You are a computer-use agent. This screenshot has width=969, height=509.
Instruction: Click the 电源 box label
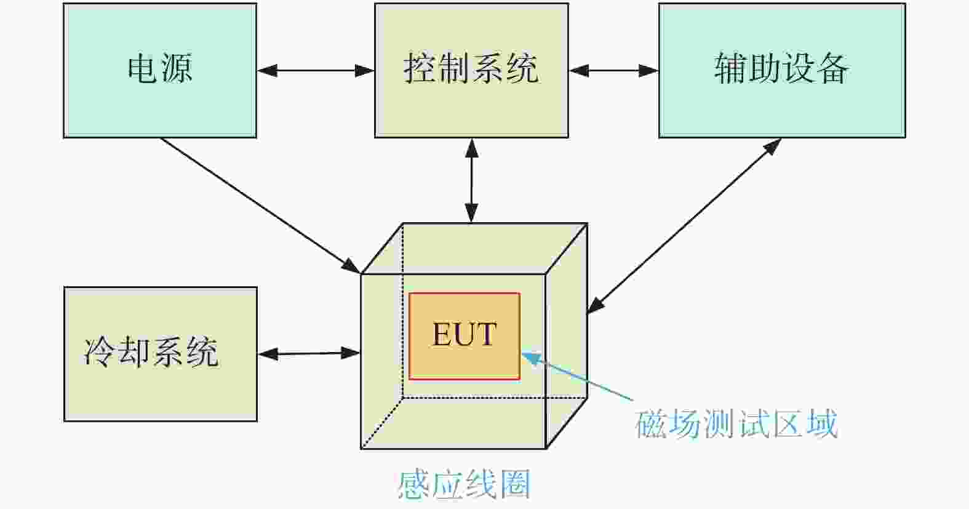coord(159,68)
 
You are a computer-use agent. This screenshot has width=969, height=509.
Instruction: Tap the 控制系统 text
coord(471,68)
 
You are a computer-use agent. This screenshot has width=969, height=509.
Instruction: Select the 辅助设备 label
coord(781,68)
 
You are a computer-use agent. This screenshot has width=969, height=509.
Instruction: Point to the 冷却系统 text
coord(151,352)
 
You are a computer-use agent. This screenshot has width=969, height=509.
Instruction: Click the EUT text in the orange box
coord(464,334)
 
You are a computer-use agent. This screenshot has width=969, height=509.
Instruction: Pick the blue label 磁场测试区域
coord(736,423)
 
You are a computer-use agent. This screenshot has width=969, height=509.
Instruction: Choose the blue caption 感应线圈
coord(464,485)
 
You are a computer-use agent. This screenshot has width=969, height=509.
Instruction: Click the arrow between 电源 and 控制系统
coord(316,71)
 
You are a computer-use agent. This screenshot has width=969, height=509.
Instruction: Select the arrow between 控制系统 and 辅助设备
coord(613,71)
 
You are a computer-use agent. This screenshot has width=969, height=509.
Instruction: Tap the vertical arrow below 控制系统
coord(471,180)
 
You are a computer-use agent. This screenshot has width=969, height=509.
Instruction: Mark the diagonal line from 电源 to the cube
coord(260,206)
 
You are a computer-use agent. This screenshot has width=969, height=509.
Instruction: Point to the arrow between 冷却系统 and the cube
coord(309,354)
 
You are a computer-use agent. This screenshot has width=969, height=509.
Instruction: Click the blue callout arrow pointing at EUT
coord(578,376)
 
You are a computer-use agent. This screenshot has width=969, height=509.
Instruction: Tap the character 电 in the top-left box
coord(142,68)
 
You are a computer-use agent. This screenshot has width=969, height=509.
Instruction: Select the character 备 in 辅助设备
coord(833,68)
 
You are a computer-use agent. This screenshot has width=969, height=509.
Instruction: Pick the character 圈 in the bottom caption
coord(516,485)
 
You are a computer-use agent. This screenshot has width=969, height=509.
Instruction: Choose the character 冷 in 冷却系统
coord(100,352)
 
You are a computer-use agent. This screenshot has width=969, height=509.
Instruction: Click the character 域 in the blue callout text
coord(823,423)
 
